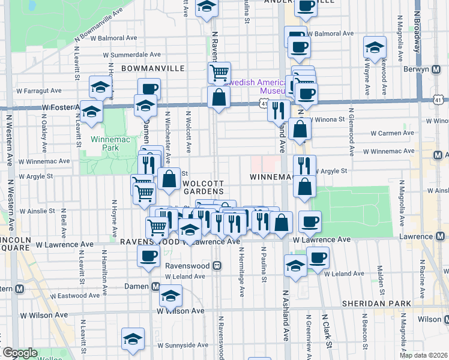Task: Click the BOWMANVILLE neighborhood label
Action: (152, 68)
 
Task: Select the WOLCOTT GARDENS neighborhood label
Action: (203, 187)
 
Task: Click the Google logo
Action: (19, 353)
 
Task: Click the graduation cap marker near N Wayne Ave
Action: (375, 47)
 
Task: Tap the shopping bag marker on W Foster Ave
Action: (219, 97)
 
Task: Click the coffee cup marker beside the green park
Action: (310, 221)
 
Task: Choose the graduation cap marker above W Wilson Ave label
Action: (170, 295)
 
